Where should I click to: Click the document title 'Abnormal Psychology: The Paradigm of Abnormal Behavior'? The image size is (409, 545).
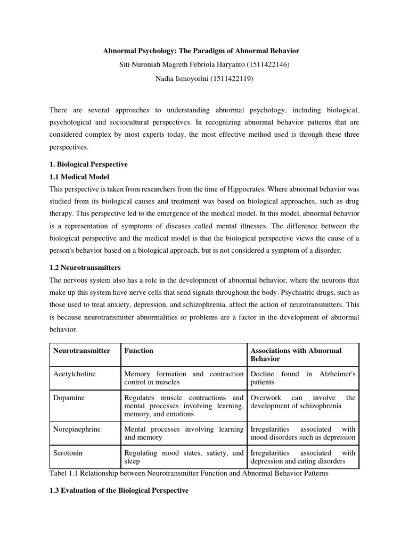coord(201,51)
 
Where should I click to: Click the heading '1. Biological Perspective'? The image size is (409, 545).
coord(88,164)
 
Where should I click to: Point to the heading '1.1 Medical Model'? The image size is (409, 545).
coord(79,177)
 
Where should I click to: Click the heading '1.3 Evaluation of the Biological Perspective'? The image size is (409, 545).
coord(119,490)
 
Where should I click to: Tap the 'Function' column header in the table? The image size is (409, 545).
coord(138,351)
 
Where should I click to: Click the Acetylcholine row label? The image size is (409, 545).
coord(75,374)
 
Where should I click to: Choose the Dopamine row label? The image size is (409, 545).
coord(68,398)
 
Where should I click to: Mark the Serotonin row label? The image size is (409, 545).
coord(68,453)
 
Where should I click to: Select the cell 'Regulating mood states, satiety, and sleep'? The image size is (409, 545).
coord(183,457)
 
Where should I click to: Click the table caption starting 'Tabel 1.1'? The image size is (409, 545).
coord(189,474)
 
